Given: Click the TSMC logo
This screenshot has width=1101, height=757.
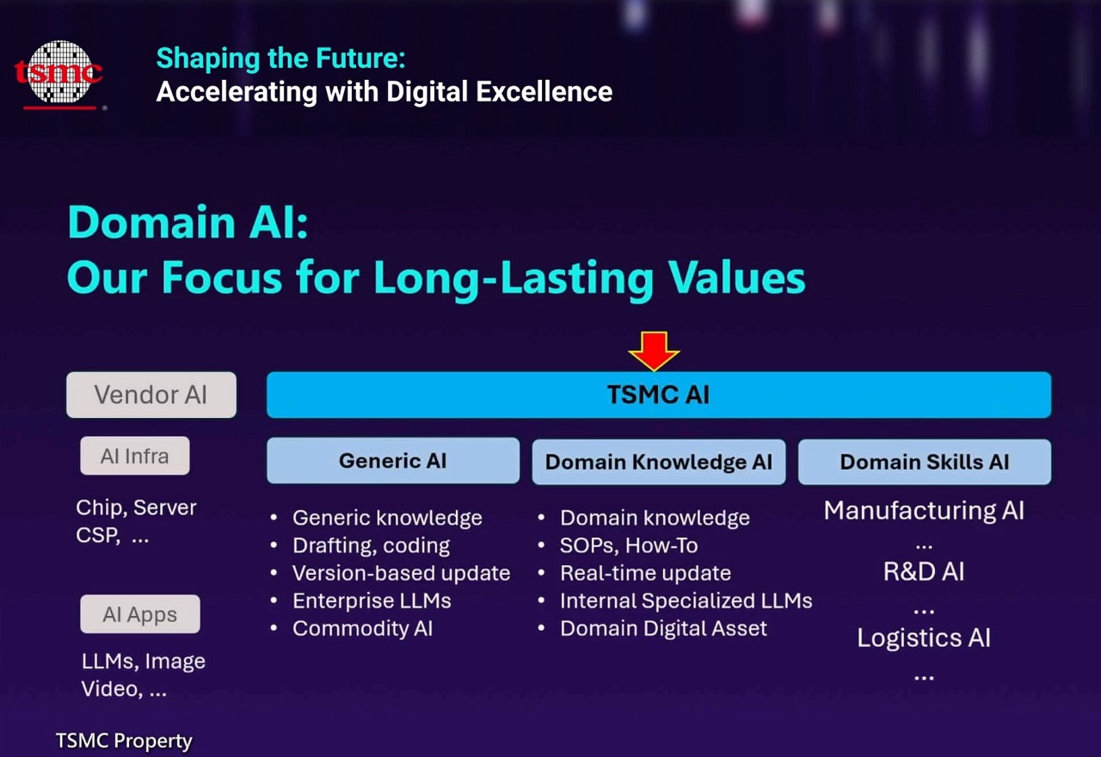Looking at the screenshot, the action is (x=59, y=74).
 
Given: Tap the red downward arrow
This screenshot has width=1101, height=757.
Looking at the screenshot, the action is (x=654, y=351).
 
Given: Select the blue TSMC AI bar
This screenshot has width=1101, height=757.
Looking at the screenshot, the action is (x=659, y=395).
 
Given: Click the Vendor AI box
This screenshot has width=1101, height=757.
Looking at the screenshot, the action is (x=151, y=395).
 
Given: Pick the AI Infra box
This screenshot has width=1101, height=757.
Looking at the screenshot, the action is (x=135, y=456).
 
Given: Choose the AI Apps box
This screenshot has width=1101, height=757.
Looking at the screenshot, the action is (x=140, y=614).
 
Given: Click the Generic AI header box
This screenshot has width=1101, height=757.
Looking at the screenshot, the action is (x=393, y=460).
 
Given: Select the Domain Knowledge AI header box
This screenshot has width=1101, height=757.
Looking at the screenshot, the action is (x=659, y=462).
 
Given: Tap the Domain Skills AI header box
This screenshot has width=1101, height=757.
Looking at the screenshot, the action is (x=925, y=462).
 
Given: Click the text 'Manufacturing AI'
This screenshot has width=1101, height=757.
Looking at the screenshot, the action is (x=924, y=510).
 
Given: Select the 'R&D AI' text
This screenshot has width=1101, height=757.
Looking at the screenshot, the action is (x=924, y=572).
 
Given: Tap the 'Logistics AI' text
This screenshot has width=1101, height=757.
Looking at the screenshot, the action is (x=924, y=638).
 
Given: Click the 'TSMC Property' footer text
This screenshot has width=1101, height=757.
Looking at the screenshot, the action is (x=124, y=741).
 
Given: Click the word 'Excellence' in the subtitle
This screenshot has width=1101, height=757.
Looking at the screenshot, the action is (x=544, y=91).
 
